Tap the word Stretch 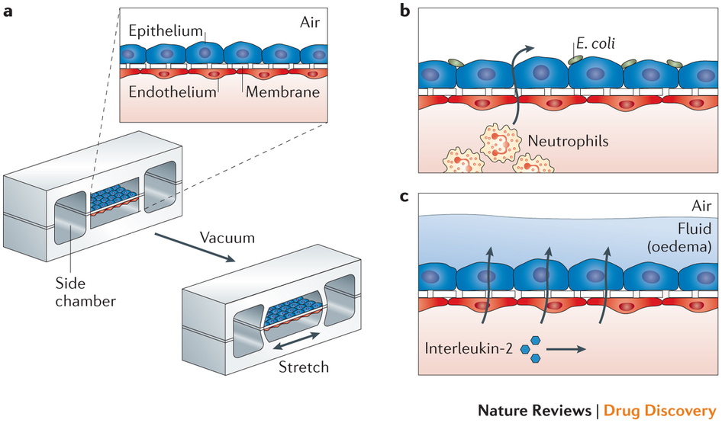point(302,367)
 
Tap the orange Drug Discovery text point(659,410)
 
